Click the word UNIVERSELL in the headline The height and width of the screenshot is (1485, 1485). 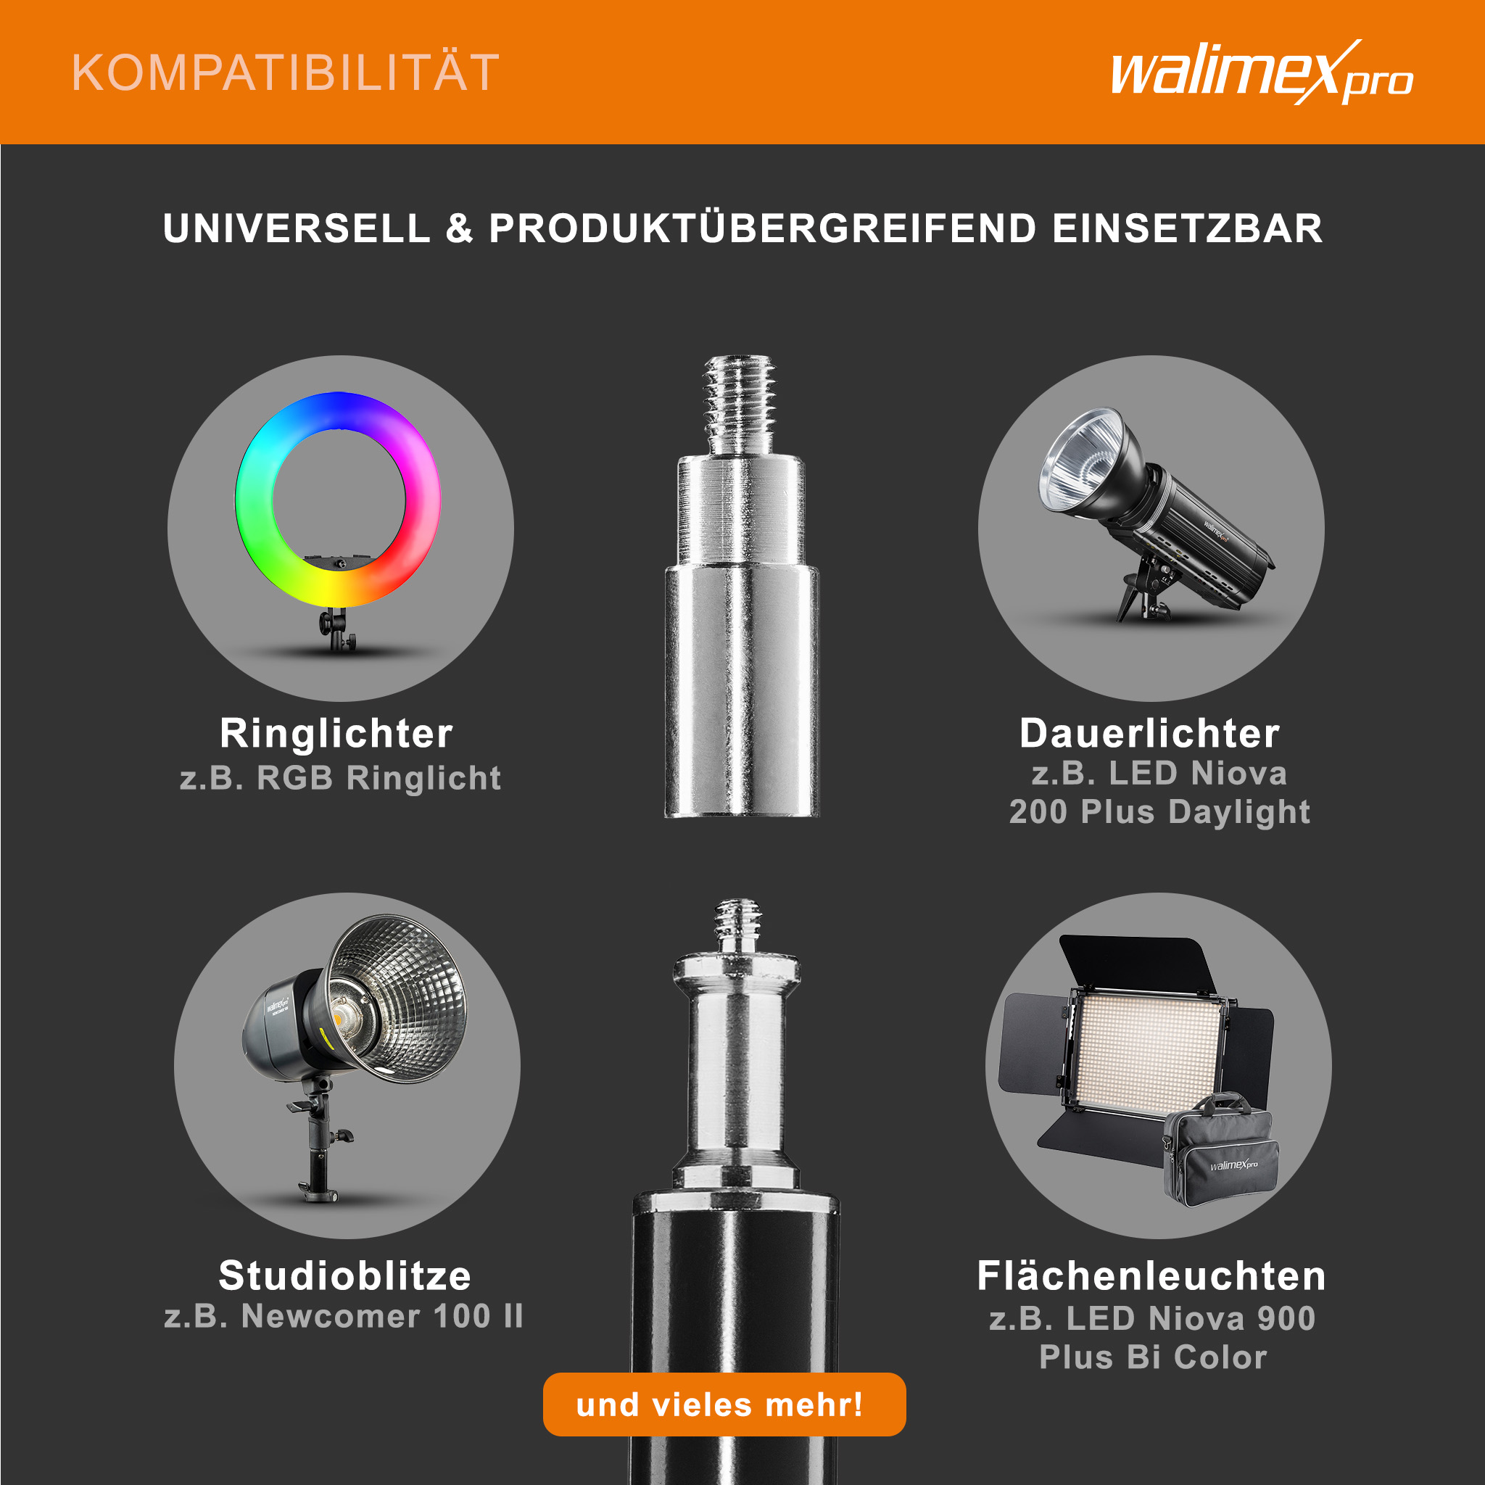(297, 228)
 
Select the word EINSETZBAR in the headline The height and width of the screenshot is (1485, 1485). (1187, 228)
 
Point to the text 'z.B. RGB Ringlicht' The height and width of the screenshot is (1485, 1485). (340, 778)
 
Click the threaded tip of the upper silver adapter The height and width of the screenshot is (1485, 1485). (740, 405)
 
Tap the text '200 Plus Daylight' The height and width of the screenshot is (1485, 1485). (1159, 812)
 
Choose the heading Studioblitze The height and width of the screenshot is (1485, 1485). (344, 1275)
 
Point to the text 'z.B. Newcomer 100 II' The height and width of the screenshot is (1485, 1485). (344, 1316)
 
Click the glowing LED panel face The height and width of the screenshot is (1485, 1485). (1150, 1053)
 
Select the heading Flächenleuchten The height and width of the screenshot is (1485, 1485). (1151, 1276)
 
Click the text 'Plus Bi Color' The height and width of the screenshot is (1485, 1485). (1153, 1357)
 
